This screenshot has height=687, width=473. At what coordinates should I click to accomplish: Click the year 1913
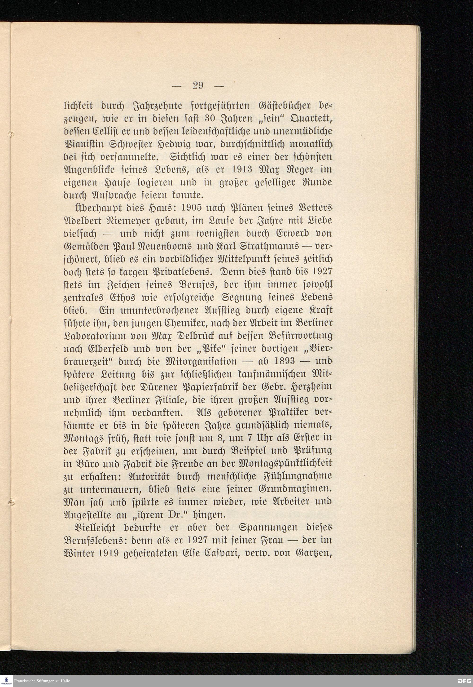(241, 170)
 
